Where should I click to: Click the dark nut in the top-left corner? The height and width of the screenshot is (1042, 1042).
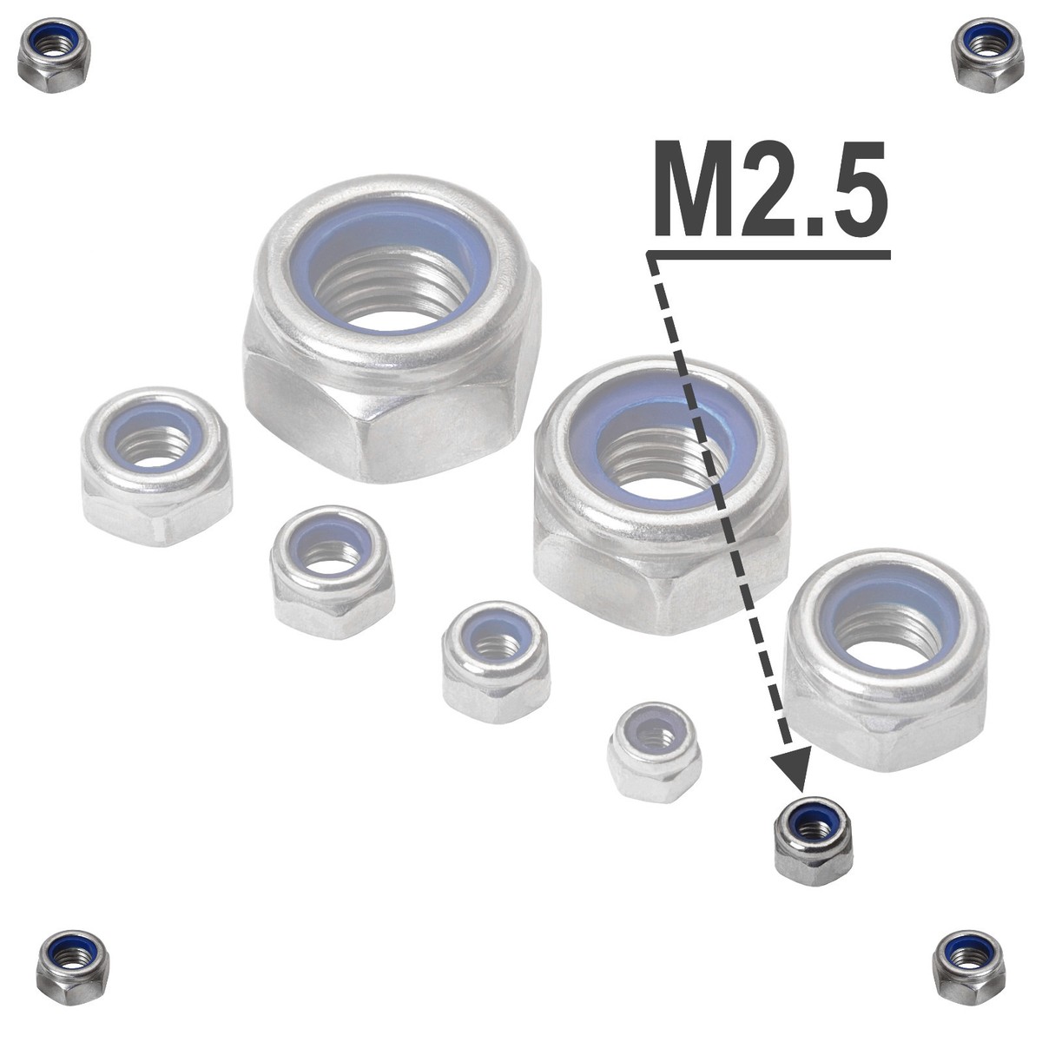pyautogui.click(x=54, y=56)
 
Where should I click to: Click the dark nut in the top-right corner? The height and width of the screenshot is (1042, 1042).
pyautogui.click(x=987, y=56)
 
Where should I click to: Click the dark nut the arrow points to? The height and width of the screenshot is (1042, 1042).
pyautogui.click(x=814, y=841)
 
